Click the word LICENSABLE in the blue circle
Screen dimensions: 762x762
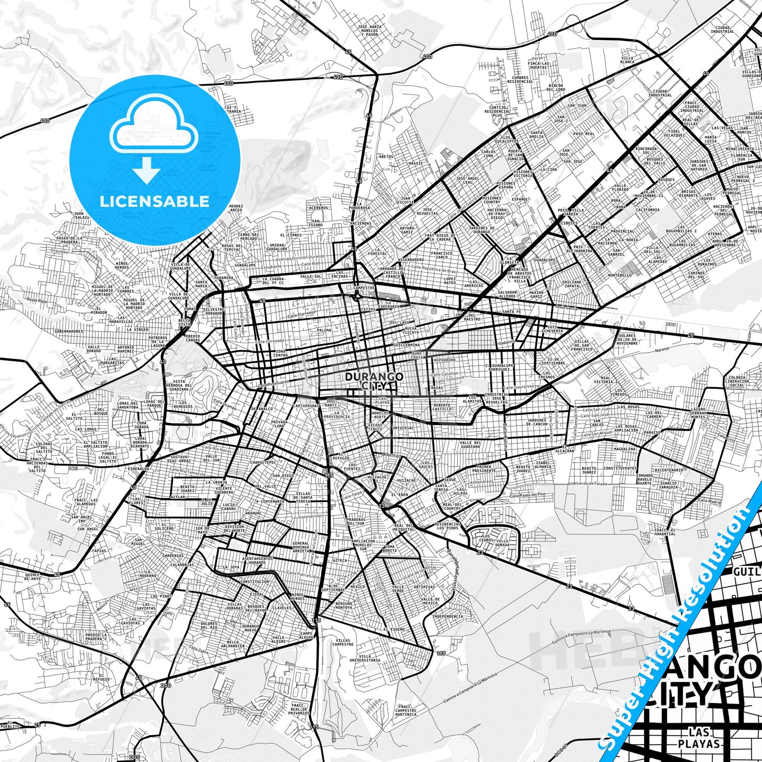[155, 201]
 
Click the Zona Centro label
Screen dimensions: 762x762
[281, 353]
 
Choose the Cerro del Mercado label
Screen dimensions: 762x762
[248, 236]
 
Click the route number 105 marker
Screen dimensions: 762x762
[441, 654]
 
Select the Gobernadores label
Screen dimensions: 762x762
[69, 331]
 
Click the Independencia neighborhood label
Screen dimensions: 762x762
[447, 616]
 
